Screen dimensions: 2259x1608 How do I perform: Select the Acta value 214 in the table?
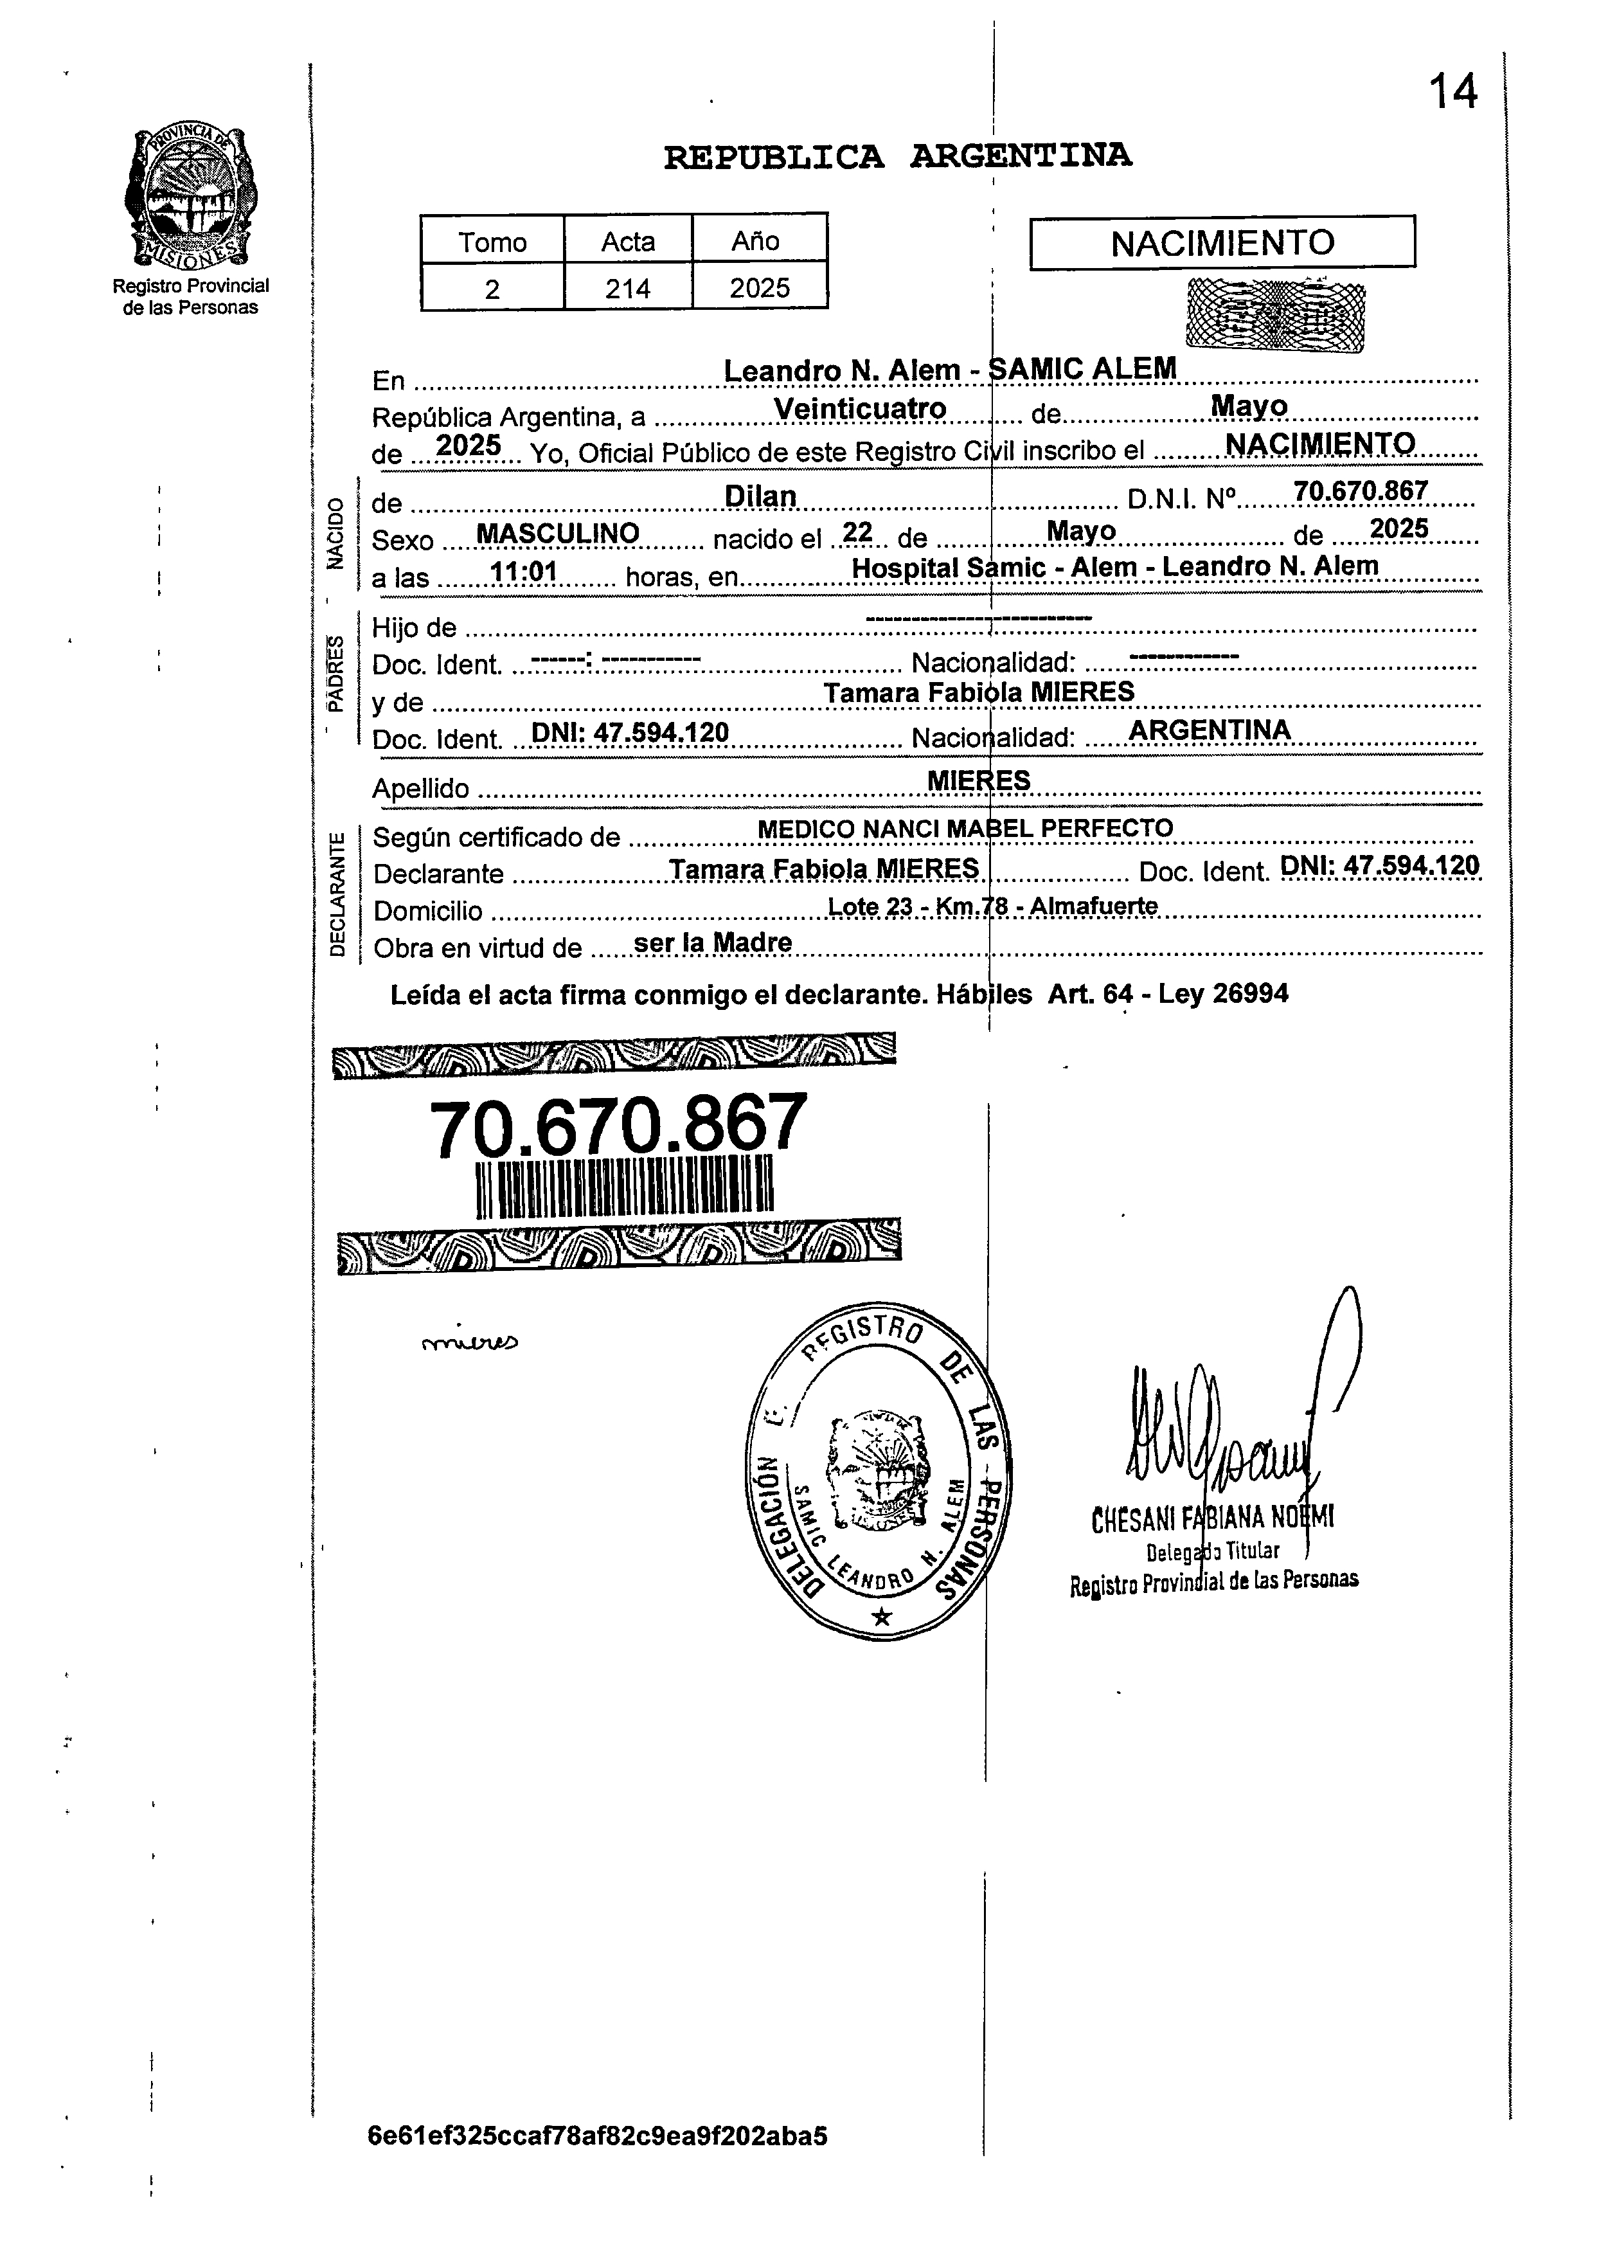point(628,288)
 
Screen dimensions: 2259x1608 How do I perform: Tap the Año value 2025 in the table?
point(760,288)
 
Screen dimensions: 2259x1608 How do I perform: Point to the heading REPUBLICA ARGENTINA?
point(897,156)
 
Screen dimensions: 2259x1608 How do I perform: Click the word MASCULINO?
point(557,534)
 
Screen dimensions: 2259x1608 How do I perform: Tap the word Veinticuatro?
point(859,408)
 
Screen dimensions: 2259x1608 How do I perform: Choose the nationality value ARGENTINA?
point(1210,730)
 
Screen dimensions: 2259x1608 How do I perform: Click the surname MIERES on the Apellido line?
point(978,780)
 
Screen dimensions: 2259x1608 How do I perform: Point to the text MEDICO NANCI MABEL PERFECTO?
point(965,828)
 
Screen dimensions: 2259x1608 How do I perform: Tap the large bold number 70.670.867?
point(618,1126)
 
